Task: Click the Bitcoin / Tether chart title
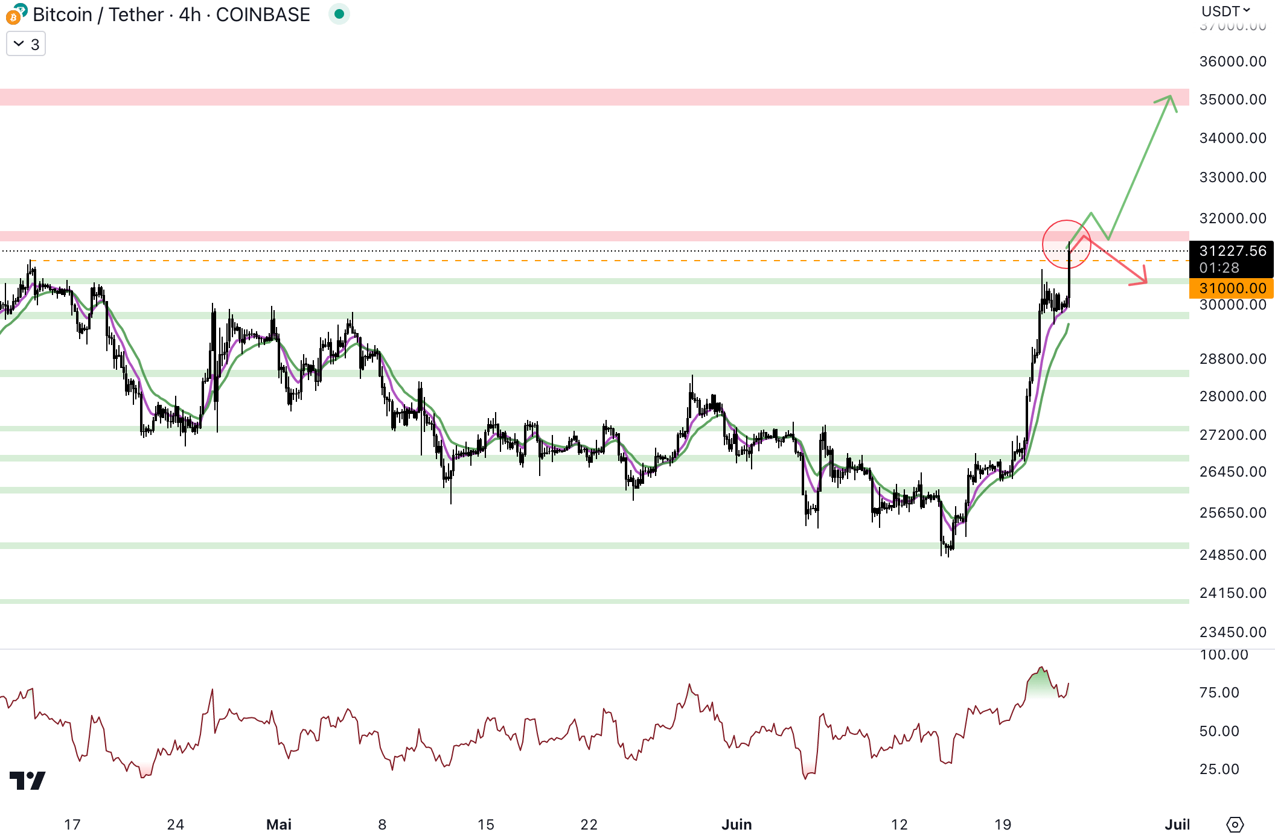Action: tap(171, 14)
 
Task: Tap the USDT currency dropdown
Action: tap(1225, 11)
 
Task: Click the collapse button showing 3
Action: tap(26, 44)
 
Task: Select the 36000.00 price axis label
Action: tap(1232, 62)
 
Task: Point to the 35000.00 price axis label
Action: tap(1232, 100)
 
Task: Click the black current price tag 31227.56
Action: tap(1232, 251)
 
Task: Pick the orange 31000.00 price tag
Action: tap(1232, 288)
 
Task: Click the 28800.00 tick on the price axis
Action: tap(1232, 359)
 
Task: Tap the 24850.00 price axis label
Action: tap(1232, 555)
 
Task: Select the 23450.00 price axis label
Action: tap(1232, 632)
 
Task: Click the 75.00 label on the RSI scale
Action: tap(1219, 693)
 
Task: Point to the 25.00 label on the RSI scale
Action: tap(1219, 769)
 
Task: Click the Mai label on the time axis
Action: tap(279, 825)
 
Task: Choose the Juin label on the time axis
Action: tap(737, 825)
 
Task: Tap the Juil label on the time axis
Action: tap(1177, 825)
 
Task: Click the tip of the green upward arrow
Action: tap(1171, 97)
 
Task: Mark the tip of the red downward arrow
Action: tap(1145, 282)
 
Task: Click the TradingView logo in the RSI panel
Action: tap(28, 781)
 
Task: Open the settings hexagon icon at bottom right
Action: tap(1235, 825)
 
